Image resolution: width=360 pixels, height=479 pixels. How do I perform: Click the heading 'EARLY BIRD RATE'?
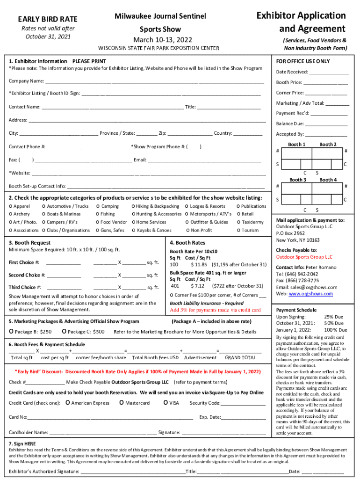point(47,19)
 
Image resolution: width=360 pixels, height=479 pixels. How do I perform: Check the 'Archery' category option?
point(11,214)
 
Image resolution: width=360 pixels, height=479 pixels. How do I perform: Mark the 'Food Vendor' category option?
point(98,222)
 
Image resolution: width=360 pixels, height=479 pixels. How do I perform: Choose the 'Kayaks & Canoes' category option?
point(134,230)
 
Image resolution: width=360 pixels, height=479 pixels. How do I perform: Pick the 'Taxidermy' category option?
point(238,222)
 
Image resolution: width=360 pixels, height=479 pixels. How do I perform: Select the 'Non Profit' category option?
point(187,230)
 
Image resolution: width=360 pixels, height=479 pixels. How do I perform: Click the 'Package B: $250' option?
point(11,332)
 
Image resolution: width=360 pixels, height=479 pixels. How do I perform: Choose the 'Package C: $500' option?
point(64,332)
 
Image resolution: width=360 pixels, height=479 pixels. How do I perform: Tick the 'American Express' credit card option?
point(68,403)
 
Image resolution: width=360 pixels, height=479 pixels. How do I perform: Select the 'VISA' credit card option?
point(166,403)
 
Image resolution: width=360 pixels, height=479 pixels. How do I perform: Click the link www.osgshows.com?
point(310,294)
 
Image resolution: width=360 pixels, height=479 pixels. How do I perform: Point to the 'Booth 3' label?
point(297,180)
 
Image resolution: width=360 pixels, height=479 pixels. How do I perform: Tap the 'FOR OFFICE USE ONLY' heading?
point(302,61)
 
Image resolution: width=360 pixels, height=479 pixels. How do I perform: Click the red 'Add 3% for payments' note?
point(215,310)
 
